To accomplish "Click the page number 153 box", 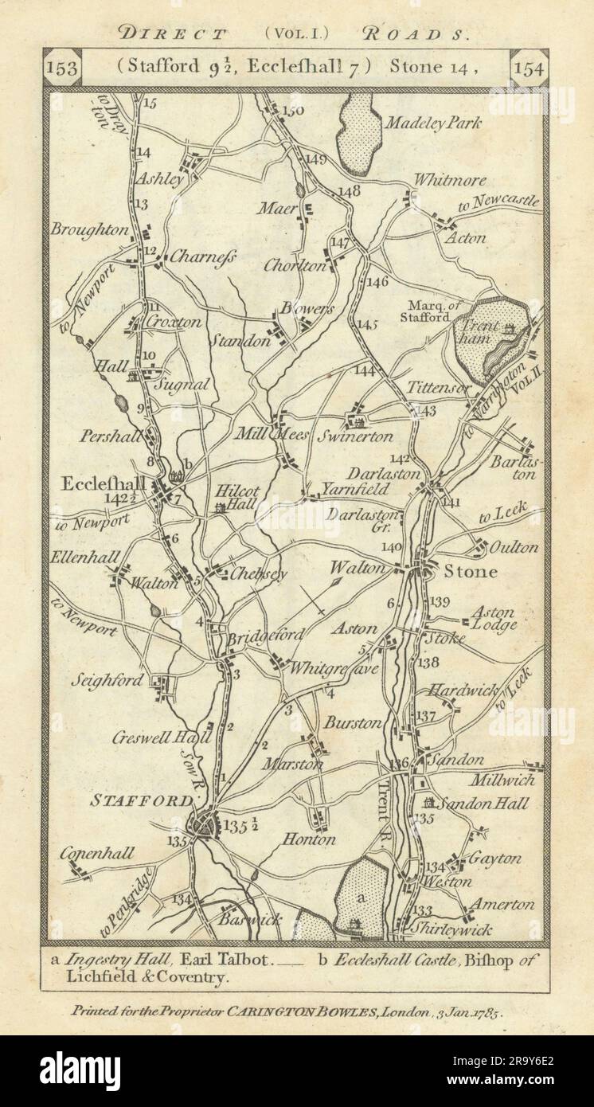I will [x=63, y=69].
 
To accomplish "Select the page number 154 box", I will [x=529, y=69].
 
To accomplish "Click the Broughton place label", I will [x=90, y=229].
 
